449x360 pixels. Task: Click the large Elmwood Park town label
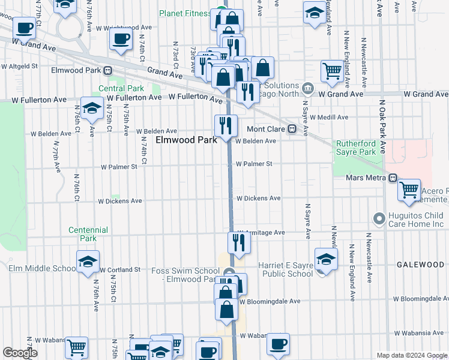coord(186,140)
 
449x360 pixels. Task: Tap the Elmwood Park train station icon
coord(108,70)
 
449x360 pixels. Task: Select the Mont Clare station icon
coord(292,128)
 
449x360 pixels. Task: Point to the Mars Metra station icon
coord(393,178)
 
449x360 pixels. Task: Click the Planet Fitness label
coord(185,13)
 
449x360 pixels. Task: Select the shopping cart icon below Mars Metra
coord(409,190)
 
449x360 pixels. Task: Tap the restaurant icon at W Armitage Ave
coord(239,242)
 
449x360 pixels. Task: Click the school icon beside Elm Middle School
coord(88,262)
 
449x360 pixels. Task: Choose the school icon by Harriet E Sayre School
coord(326,260)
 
